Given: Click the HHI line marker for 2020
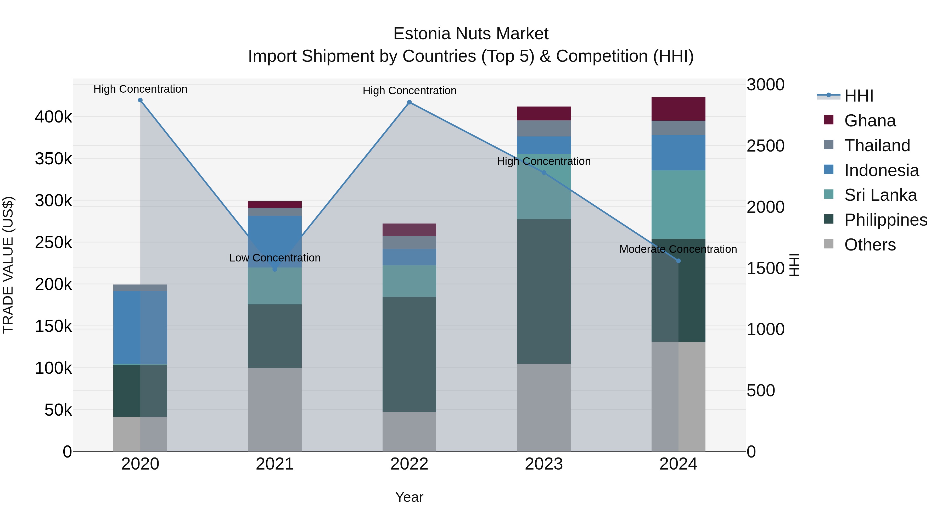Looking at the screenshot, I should click(141, 100).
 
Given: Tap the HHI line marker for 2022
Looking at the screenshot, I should click(409, 102).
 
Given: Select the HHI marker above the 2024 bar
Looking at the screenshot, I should click(678, 261).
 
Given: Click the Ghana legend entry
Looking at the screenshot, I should click(870, 121).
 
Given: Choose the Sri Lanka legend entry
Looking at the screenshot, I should click(880, 195).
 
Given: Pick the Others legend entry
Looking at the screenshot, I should click(870, 245).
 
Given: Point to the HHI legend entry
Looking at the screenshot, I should click(859, 96).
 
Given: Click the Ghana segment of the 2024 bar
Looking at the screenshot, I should click(678, 109).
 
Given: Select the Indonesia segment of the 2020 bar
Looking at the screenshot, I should click(141, 327).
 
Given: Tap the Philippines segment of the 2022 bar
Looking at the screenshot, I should click(409, 354).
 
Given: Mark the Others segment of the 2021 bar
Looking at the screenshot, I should click(275, 409).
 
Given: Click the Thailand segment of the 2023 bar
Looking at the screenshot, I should click(544, 129).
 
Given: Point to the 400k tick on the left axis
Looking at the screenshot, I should click(53, 117).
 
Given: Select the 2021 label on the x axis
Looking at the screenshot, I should click(275, 464).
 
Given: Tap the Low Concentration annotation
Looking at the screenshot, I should click(275, 258).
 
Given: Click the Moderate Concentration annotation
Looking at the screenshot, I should click(678, 249).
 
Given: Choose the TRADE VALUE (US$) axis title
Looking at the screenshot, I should click(8, 265).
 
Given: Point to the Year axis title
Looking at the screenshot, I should click(409, 497).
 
